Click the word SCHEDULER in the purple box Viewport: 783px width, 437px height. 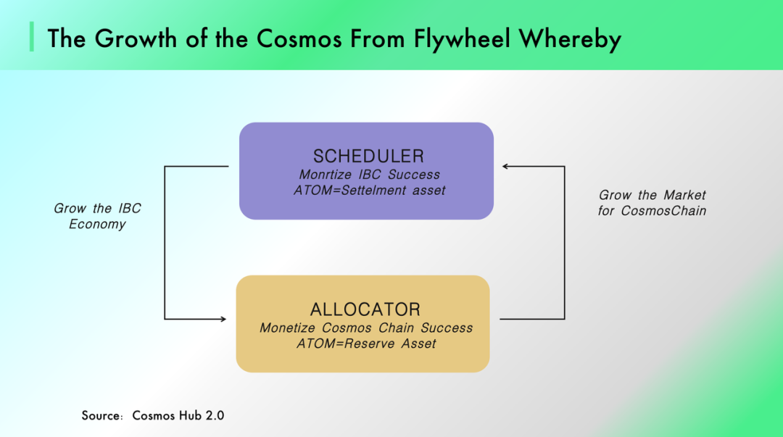tap(368, 156)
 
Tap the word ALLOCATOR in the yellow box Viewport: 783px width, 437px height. tap(365, 309)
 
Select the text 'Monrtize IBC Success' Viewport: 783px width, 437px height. tap(369, 175)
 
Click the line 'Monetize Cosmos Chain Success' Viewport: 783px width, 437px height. tap(366, 328)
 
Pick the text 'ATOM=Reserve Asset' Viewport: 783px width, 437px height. tap(366, 344)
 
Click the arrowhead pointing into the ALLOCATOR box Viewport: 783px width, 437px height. tap(222, 319)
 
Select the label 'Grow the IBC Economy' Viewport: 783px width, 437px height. tap(97, 216)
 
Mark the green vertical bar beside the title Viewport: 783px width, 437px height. tap(32, 37)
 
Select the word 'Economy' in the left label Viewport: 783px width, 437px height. tap(97, 224)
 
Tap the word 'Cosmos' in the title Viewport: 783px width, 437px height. tap(294, 38)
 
